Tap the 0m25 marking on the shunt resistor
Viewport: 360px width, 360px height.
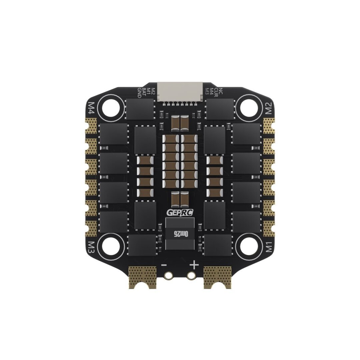180,233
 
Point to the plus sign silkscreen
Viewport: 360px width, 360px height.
194,265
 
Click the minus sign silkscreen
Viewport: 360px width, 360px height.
164,265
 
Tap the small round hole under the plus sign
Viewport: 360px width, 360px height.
191,275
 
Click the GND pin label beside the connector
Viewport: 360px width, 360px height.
140,92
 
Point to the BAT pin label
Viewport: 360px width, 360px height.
144,92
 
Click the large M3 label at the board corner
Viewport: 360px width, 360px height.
91,247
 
